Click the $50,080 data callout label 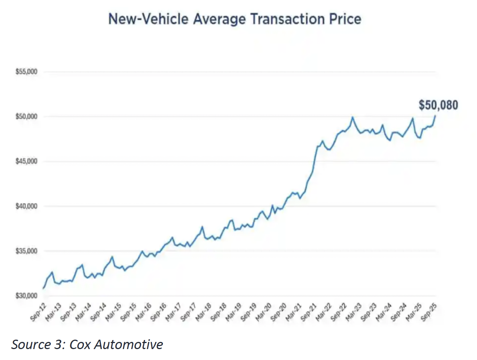(x=438, y=105)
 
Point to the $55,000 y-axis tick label (x=26, y=72)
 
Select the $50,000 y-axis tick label (x=26, y=116)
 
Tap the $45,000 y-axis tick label (x=26, y=161)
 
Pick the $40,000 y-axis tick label (x=26, y=206)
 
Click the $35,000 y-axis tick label (x=26, y=251)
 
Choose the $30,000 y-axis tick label (x=26, y=296)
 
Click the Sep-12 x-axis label (x=38, y=312)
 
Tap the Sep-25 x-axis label (x=428, y=312)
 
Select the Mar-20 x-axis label (x=263, y=312)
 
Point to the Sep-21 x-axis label (x=308, y=312)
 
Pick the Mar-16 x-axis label (x=143, y=312)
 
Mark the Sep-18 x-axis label (x=218, y=312)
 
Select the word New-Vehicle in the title (x=149, y=19)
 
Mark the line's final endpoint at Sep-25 (x=435, y=116)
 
